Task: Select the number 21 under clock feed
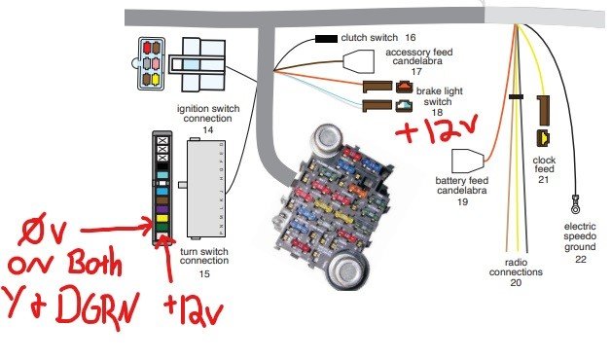(544, 179)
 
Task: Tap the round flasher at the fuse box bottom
(347, 270)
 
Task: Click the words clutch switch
(371, 36)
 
